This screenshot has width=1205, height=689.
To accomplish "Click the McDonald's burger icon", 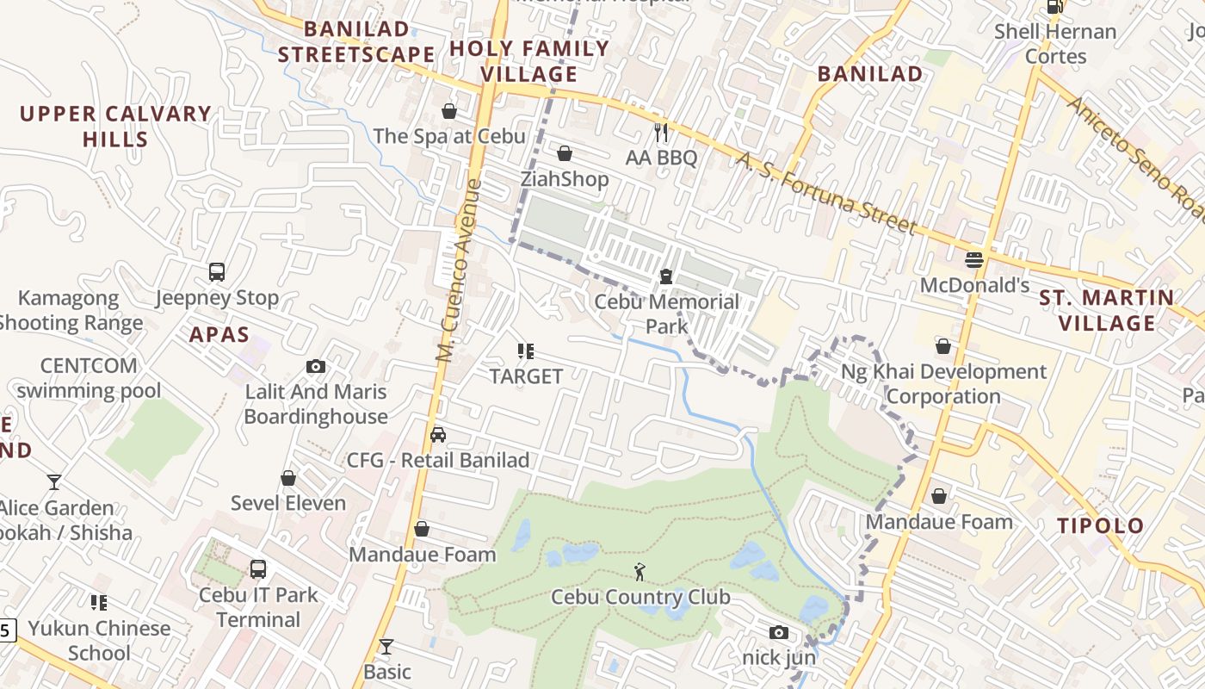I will pyautogui.click(x=974, y=259).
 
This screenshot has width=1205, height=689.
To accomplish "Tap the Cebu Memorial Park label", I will pyautogui.click(x=667, y=313).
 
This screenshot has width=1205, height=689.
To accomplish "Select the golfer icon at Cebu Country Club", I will pyautogui.click(x=640, y=572).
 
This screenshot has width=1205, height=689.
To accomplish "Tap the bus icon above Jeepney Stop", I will pyautogui.click(x=217, y=272).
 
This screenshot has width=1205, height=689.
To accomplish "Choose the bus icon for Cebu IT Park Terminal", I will pyautogui.click(x=257, y=569).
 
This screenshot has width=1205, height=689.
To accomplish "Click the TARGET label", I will pyautogui.click(x=526, y=376).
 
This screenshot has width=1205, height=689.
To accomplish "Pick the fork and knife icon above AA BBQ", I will pyautogui.click(x=661, y=133).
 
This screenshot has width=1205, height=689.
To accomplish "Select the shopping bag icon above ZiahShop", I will pyautogui.click(x=565, y=154).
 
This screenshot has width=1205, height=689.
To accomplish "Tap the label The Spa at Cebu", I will pyautogui.click(x=448, y=136).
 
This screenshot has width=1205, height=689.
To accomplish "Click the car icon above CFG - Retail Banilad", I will pyautogui.click(x=438, y=435).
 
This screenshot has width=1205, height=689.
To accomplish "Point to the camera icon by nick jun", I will pyautogui.click(x=778, y=633).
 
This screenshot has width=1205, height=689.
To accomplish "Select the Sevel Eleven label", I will pyautogui.click(x=288, y=503).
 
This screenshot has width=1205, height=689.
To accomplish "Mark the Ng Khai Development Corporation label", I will pyautogui.click(x=943, y=384).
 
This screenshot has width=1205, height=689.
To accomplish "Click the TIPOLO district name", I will pyautogui.click(x=1100, y=525).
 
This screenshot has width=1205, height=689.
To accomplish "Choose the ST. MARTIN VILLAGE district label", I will pyautogui.click(x=1107, y=310).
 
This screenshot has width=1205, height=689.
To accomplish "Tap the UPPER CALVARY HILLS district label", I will pyautogui.click(x=115, y=126).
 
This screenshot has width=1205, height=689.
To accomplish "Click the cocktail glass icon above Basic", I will pyautogui.click(x=386, y=646).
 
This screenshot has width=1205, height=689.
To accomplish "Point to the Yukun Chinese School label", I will pyautogui.click(x=99, y=640).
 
